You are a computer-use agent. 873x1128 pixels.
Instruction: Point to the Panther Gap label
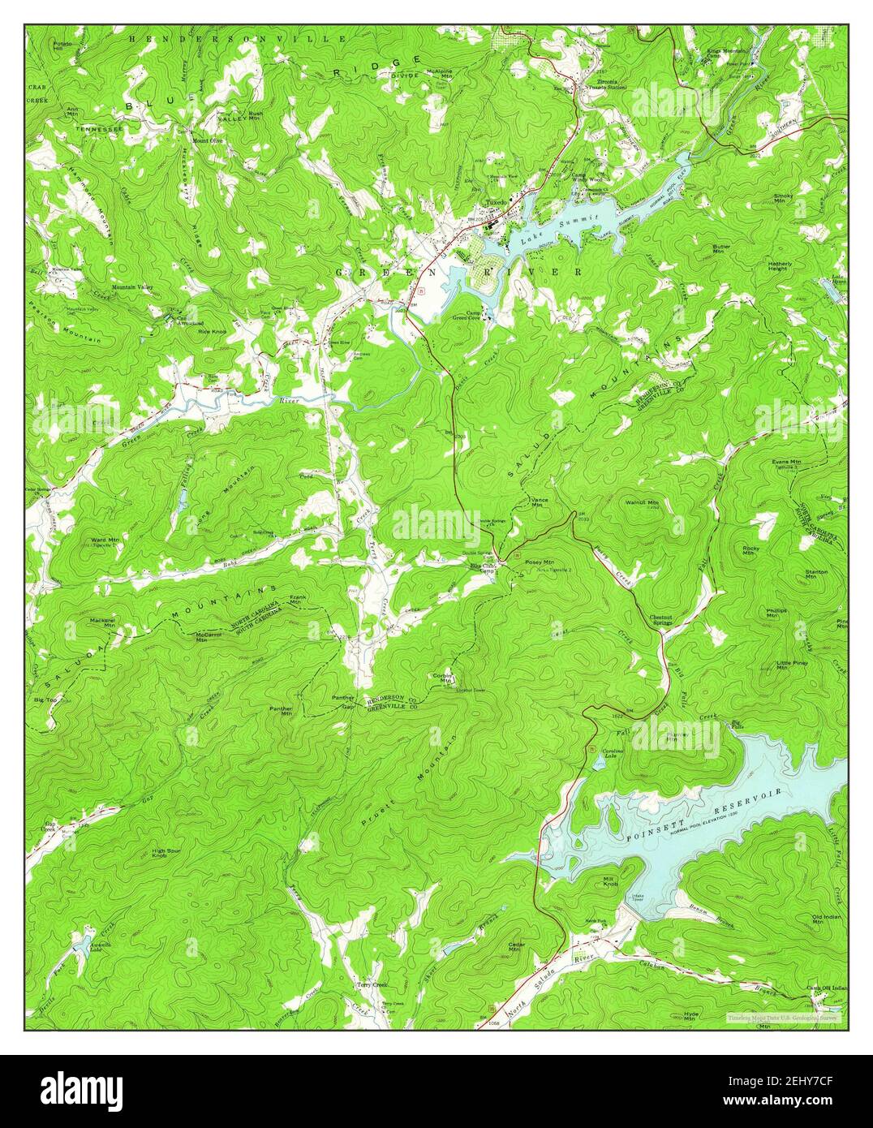click(x=346, y=702)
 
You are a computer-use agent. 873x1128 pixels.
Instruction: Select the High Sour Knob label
click(x=170, y=854)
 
